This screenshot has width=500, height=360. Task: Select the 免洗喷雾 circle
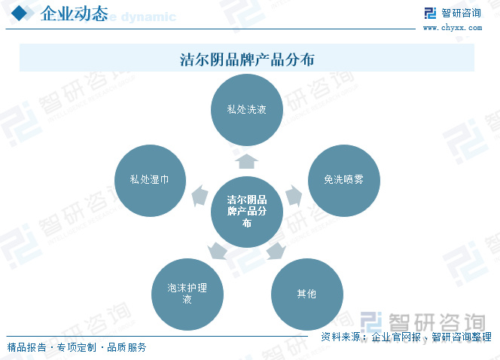click(343, 181)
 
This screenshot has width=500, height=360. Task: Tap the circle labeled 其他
click(306, 294)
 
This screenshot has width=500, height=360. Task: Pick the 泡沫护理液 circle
click(187, 294)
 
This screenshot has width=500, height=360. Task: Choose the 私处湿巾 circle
click(148, 181)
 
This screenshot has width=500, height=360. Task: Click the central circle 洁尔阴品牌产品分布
click(246, 212)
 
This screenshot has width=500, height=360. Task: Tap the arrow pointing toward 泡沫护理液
click(218, 250)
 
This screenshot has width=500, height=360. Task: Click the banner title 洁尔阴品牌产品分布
click(246, 59)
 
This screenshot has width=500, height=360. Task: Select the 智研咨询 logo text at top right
click(461, 13)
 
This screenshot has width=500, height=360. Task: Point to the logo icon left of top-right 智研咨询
click(430, 14)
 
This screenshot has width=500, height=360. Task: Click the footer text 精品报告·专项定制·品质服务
click(77, 347)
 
